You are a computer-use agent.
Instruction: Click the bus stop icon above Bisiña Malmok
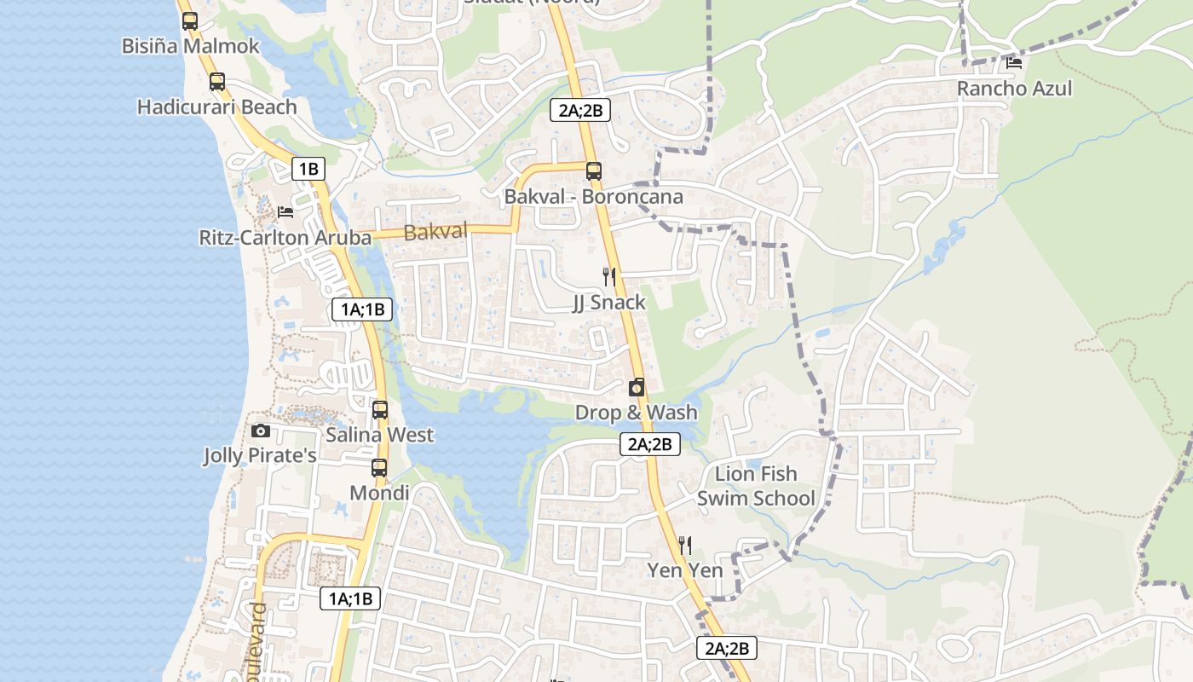point(189,21)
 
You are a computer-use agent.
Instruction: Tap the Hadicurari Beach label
point(217,107)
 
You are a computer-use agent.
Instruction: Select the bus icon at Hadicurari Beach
point(217,82)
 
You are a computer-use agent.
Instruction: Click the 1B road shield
point(308,169)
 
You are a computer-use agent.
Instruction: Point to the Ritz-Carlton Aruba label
point(285,238)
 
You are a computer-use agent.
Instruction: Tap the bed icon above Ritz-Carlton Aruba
point(285,211)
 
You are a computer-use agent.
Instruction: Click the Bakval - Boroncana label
point(593,197)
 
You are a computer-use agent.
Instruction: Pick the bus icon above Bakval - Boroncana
point(594,171)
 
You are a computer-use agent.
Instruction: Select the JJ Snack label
point(608,303)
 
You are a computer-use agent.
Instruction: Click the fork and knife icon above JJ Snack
point(608,276)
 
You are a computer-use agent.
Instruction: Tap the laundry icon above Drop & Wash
point(637,388)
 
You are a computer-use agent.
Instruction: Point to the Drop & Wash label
point(636,413)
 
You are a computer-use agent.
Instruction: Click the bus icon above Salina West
point(380,410)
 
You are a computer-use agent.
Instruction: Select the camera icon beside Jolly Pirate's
point(261,431)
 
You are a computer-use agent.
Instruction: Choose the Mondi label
point(379,493)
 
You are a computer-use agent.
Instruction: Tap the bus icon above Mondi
point(379,468)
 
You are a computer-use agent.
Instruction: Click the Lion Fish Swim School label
point(756,486)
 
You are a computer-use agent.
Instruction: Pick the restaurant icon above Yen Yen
point(685,546)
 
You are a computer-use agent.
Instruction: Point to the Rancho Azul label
point(1014,89)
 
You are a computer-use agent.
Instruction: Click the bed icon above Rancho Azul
point(1014,62)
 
